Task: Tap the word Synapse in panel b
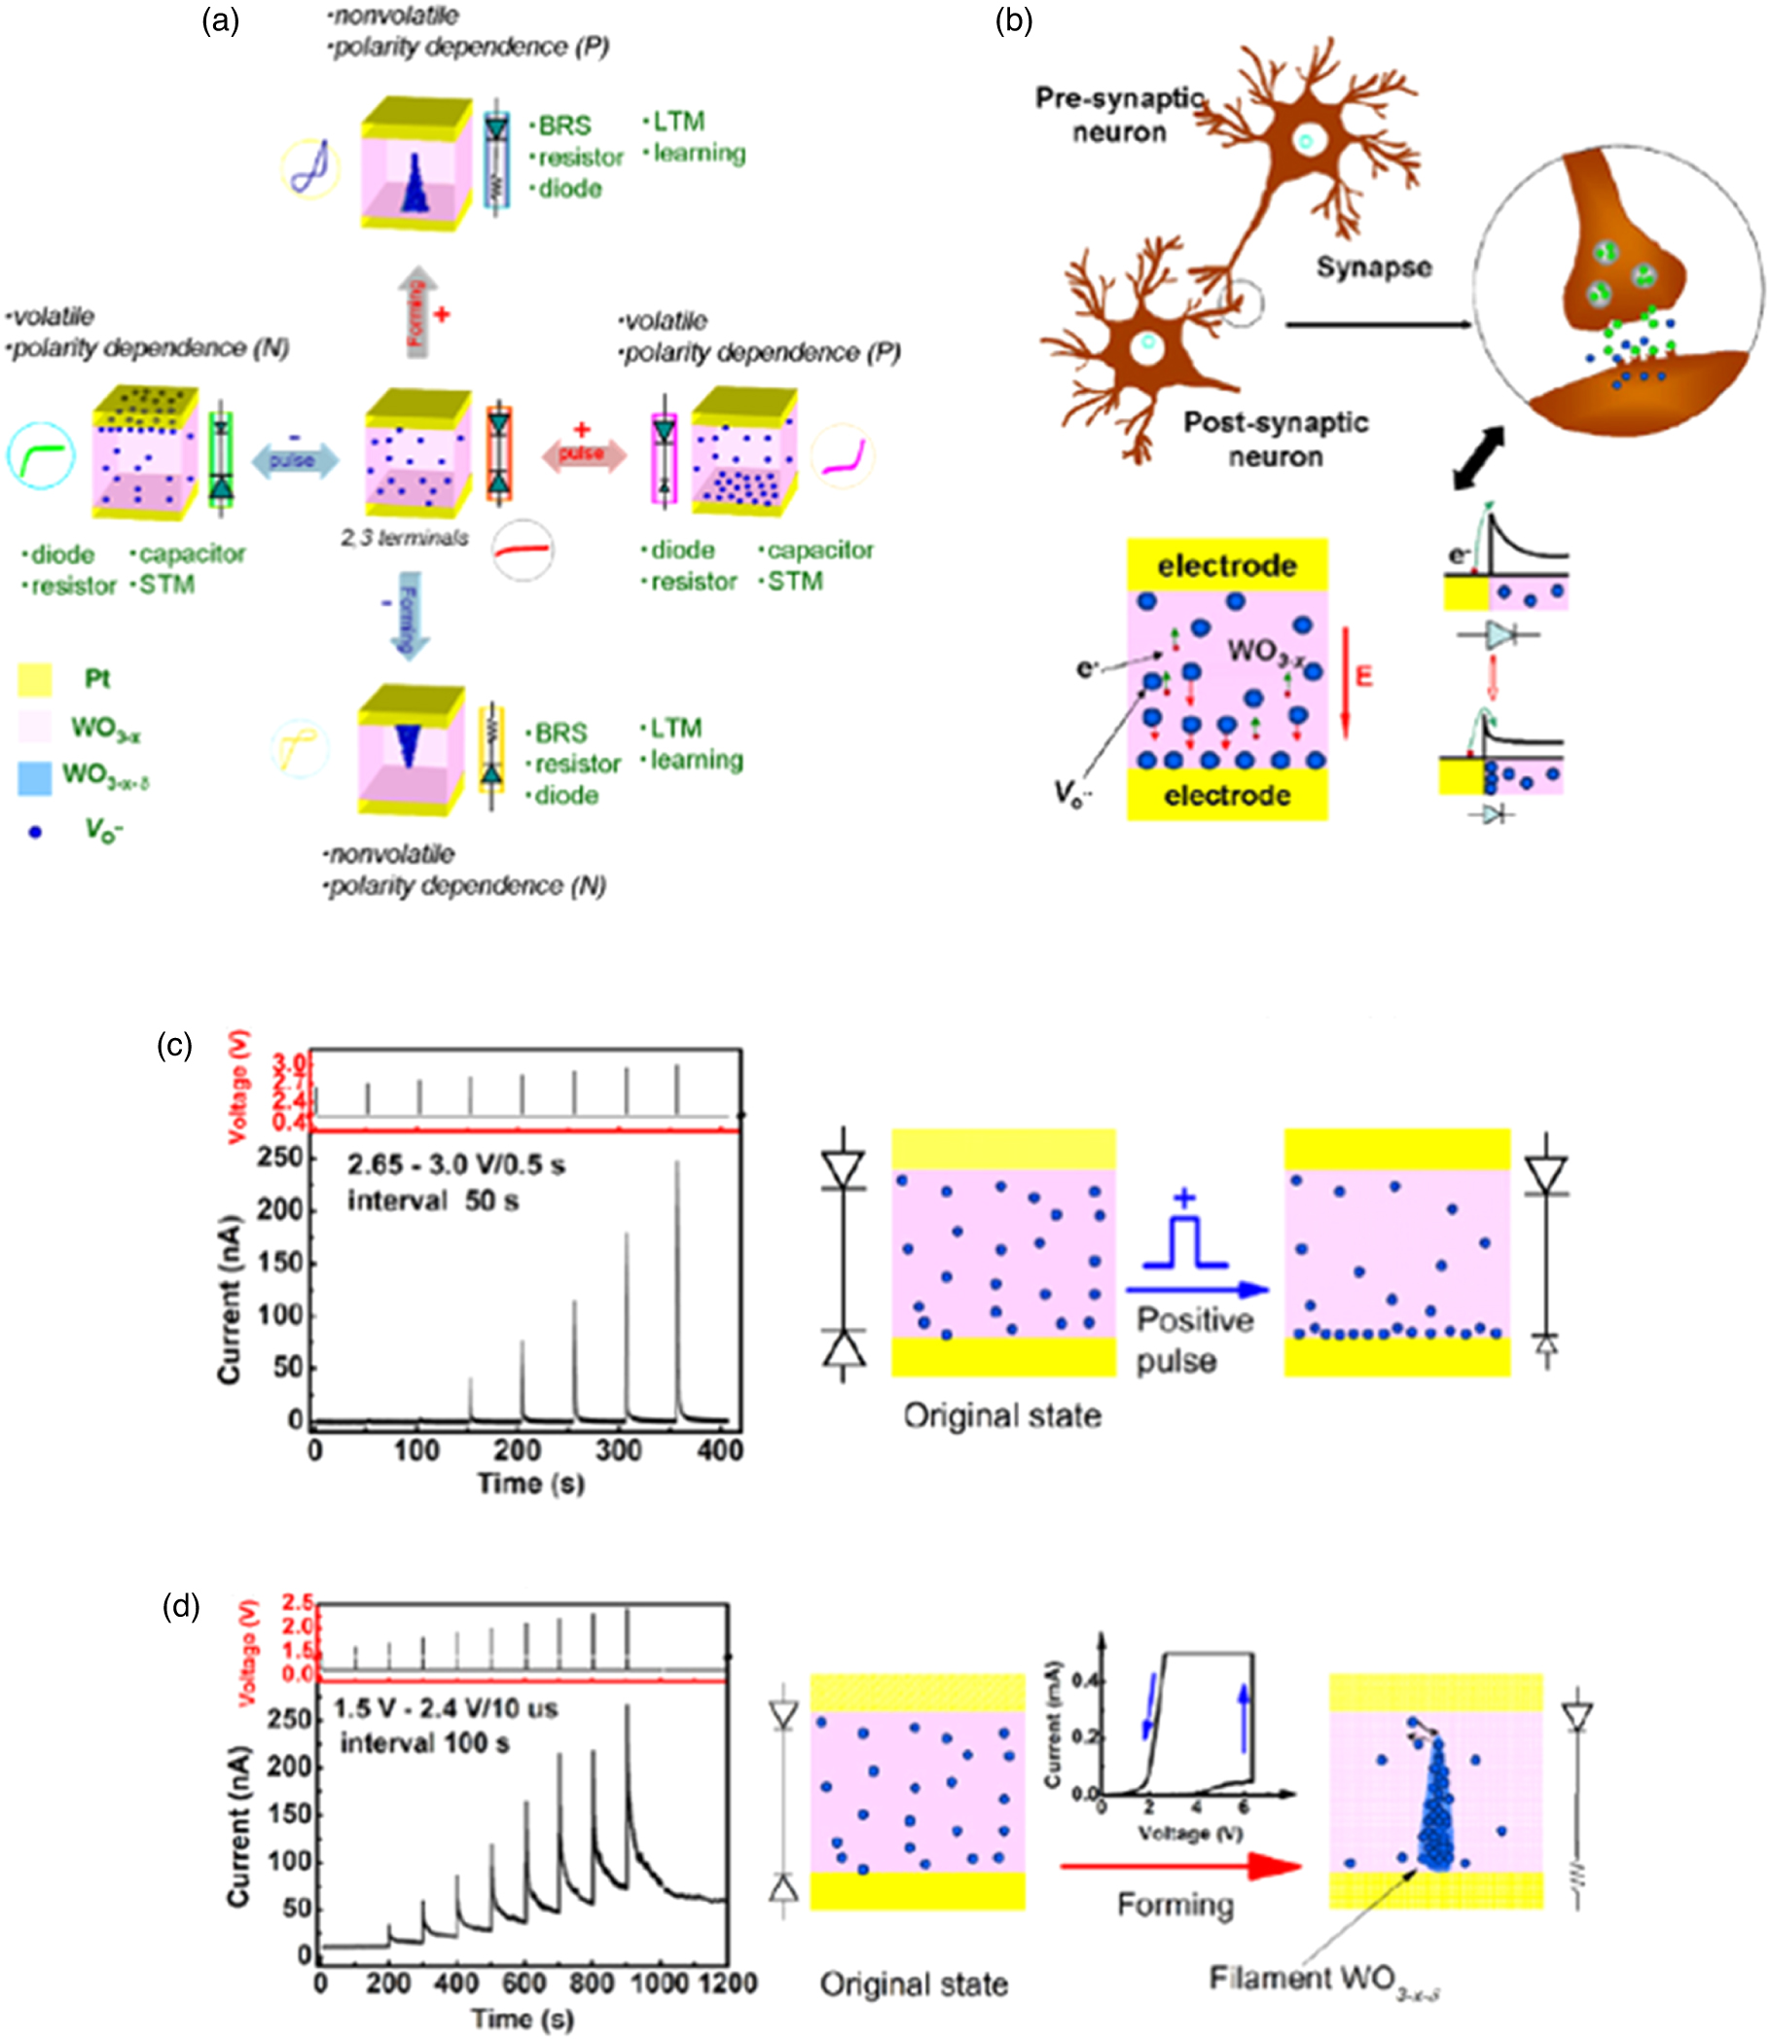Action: pyautogui.click(x=1373, y=267)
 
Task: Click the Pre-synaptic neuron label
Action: pyautogui.click(x=1119, y=115)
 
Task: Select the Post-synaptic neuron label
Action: pyautogui.click(x=1275, y=439)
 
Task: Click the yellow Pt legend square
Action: pyautogui.click(x=35, y=680)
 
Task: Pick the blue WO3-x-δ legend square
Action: pyautogui.click(x=35, y=777)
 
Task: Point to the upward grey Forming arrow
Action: pyautogui.click(x=417, y=309)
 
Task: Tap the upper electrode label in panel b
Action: pyautogui.click(x=1226, y=566)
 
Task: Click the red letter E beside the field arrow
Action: pyautogui.click(x=1364, y=676)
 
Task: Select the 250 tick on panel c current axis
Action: pyautogui.click(x=279, y=1157)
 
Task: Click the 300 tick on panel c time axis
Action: pyautogui.click(x=619, y=1450)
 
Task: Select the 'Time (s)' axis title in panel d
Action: pyautogui.click(x=522, y=2019)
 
